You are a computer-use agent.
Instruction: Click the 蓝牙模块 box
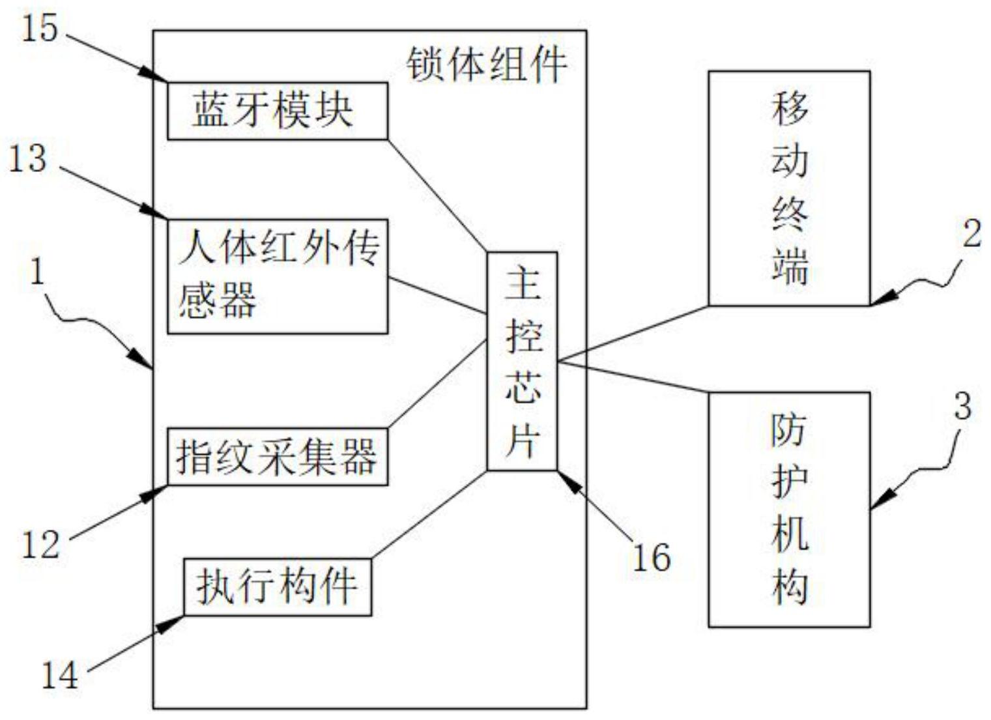coord(277,111)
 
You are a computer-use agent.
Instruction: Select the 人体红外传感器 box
coord(277,276)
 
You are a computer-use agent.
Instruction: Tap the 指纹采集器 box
coord(277,456)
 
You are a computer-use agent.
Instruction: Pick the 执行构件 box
coord(277,586)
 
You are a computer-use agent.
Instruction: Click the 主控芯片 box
coord(522,360)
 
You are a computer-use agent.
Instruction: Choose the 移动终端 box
coord(789,188)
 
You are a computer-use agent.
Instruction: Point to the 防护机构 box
coord(789,509)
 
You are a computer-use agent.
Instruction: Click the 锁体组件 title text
coord(486,65)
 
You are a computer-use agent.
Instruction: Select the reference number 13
coord(27,159)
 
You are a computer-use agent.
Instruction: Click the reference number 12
coord(40,545)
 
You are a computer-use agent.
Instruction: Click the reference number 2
coord(971,233)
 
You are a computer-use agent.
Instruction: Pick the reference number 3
coord(962,407)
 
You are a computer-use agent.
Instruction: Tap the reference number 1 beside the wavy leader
coord(38,272)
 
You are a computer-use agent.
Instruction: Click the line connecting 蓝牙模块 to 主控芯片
coord(437,195)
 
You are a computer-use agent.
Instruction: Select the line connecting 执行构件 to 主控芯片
coord(430,515)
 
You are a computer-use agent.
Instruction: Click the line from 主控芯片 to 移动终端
coord(632,333)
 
